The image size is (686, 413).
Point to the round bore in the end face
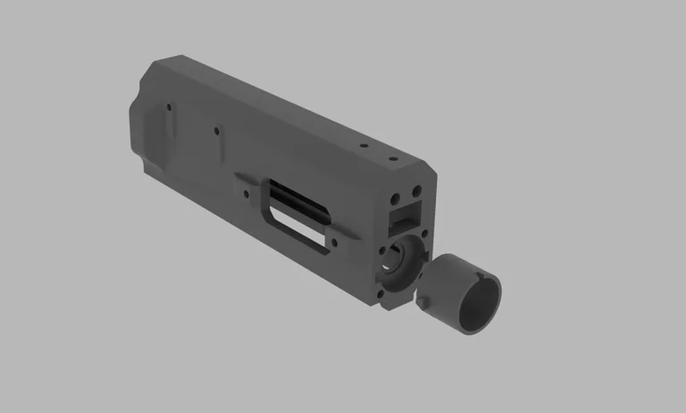[x=401, y=259]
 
